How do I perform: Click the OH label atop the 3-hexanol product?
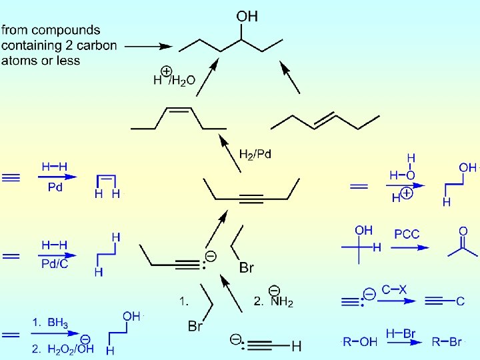(247, 16)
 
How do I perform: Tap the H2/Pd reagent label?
(255, 154)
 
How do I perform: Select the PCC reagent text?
(407, 234)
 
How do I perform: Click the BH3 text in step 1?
(58, 323)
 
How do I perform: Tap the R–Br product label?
(447, 342)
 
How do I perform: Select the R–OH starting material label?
(360, 342)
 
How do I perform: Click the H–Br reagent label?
(400, 332)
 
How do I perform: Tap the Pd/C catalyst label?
(54, 265)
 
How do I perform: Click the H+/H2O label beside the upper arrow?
(174, 79)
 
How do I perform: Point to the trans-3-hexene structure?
(325, 121)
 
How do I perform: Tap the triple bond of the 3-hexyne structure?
(252, 198)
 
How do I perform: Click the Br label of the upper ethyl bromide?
(246, 268)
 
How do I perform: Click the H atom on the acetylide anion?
(297, 346)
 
